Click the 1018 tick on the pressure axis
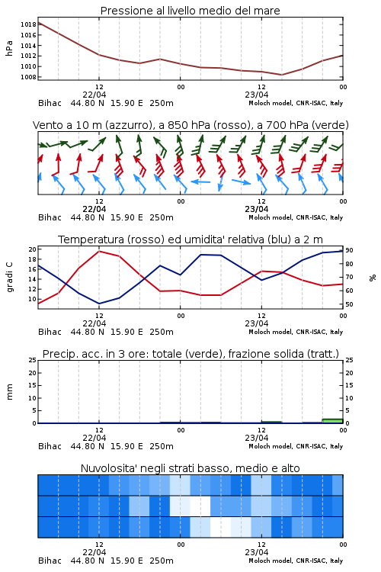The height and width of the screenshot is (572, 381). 28,25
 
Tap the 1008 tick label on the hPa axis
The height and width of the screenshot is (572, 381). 28,77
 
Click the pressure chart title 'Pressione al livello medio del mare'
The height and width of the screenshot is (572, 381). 190,11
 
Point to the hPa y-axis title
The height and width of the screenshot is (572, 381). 9,48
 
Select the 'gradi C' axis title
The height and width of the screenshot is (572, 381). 9,278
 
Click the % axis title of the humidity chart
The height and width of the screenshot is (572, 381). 373,278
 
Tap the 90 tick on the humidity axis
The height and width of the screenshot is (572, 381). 349,250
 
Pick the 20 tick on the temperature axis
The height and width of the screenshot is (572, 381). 33,249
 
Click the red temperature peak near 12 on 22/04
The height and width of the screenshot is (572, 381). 99,251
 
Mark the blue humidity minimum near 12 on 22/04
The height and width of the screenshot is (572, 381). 99,304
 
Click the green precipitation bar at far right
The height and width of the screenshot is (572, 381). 332,421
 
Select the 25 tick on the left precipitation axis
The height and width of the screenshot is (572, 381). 33,361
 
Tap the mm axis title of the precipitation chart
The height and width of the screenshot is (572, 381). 9,392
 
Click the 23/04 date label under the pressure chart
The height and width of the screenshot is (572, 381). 257,95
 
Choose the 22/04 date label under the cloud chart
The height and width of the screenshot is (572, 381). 94,552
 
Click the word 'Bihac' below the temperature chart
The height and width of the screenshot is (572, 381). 50,332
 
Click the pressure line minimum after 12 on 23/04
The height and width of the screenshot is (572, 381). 281,75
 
